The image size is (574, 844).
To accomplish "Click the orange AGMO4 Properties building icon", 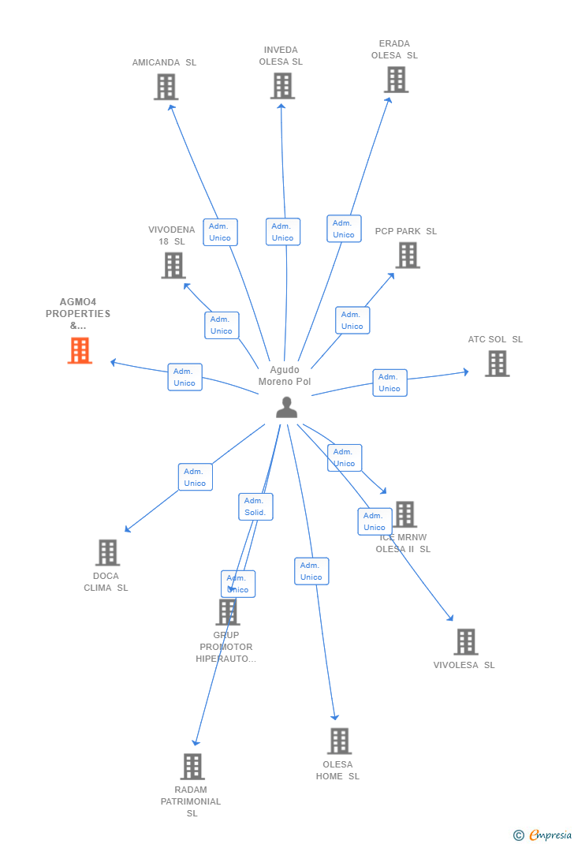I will [80, 350].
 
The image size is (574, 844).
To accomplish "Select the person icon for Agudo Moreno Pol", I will [286, 407].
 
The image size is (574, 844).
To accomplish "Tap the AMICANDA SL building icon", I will [166, 87].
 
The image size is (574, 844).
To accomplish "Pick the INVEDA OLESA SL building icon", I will [282, 86].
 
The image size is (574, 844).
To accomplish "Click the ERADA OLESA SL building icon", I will [396, 80].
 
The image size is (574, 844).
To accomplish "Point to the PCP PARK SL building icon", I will [408, 255].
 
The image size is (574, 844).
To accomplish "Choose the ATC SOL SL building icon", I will [497, 364].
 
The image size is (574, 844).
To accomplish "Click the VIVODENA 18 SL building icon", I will [173, 265].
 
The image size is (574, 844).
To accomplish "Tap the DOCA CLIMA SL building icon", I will [107, 552].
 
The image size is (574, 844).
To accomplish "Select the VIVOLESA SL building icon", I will [466, 642].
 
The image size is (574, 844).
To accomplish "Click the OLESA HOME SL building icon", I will [339, 741].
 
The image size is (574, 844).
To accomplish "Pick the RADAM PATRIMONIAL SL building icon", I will [192, 766].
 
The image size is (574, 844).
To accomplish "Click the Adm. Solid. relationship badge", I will [255, 506].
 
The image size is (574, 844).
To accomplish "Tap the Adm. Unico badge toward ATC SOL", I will [389, 383].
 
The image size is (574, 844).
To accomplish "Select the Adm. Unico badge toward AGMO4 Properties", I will [184, 377].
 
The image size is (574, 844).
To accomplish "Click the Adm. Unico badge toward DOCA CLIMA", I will [195, 477].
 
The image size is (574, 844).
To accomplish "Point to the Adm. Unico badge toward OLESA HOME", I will [311, 571].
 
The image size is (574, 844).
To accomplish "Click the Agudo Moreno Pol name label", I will [285, 375].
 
